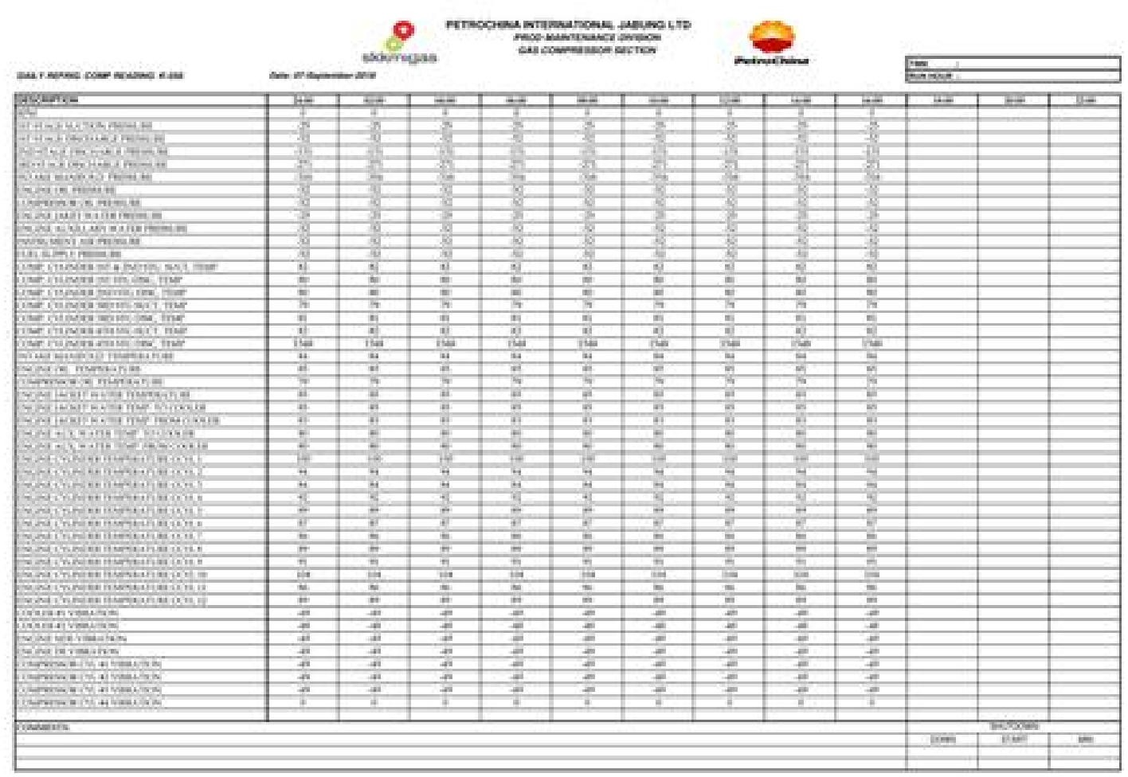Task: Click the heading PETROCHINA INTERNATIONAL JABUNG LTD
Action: click(568, 25)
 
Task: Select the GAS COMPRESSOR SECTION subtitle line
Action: click(587, 50)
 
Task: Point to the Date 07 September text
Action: click(323, 76)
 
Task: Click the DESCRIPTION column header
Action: click(48, 100)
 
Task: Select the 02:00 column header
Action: click(374, 100)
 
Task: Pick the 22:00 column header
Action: click(1086, 100)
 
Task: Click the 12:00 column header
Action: click(729, 100)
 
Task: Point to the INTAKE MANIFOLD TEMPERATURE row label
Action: click(95, 357)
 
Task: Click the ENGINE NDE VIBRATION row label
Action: click(71, 638)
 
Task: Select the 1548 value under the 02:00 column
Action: click(374, 344)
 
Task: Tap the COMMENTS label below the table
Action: click(43, 727)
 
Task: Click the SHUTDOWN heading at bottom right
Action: click(1012, 726)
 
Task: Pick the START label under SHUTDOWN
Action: click(1012, 740)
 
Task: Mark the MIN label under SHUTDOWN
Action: click(1085, 740)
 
